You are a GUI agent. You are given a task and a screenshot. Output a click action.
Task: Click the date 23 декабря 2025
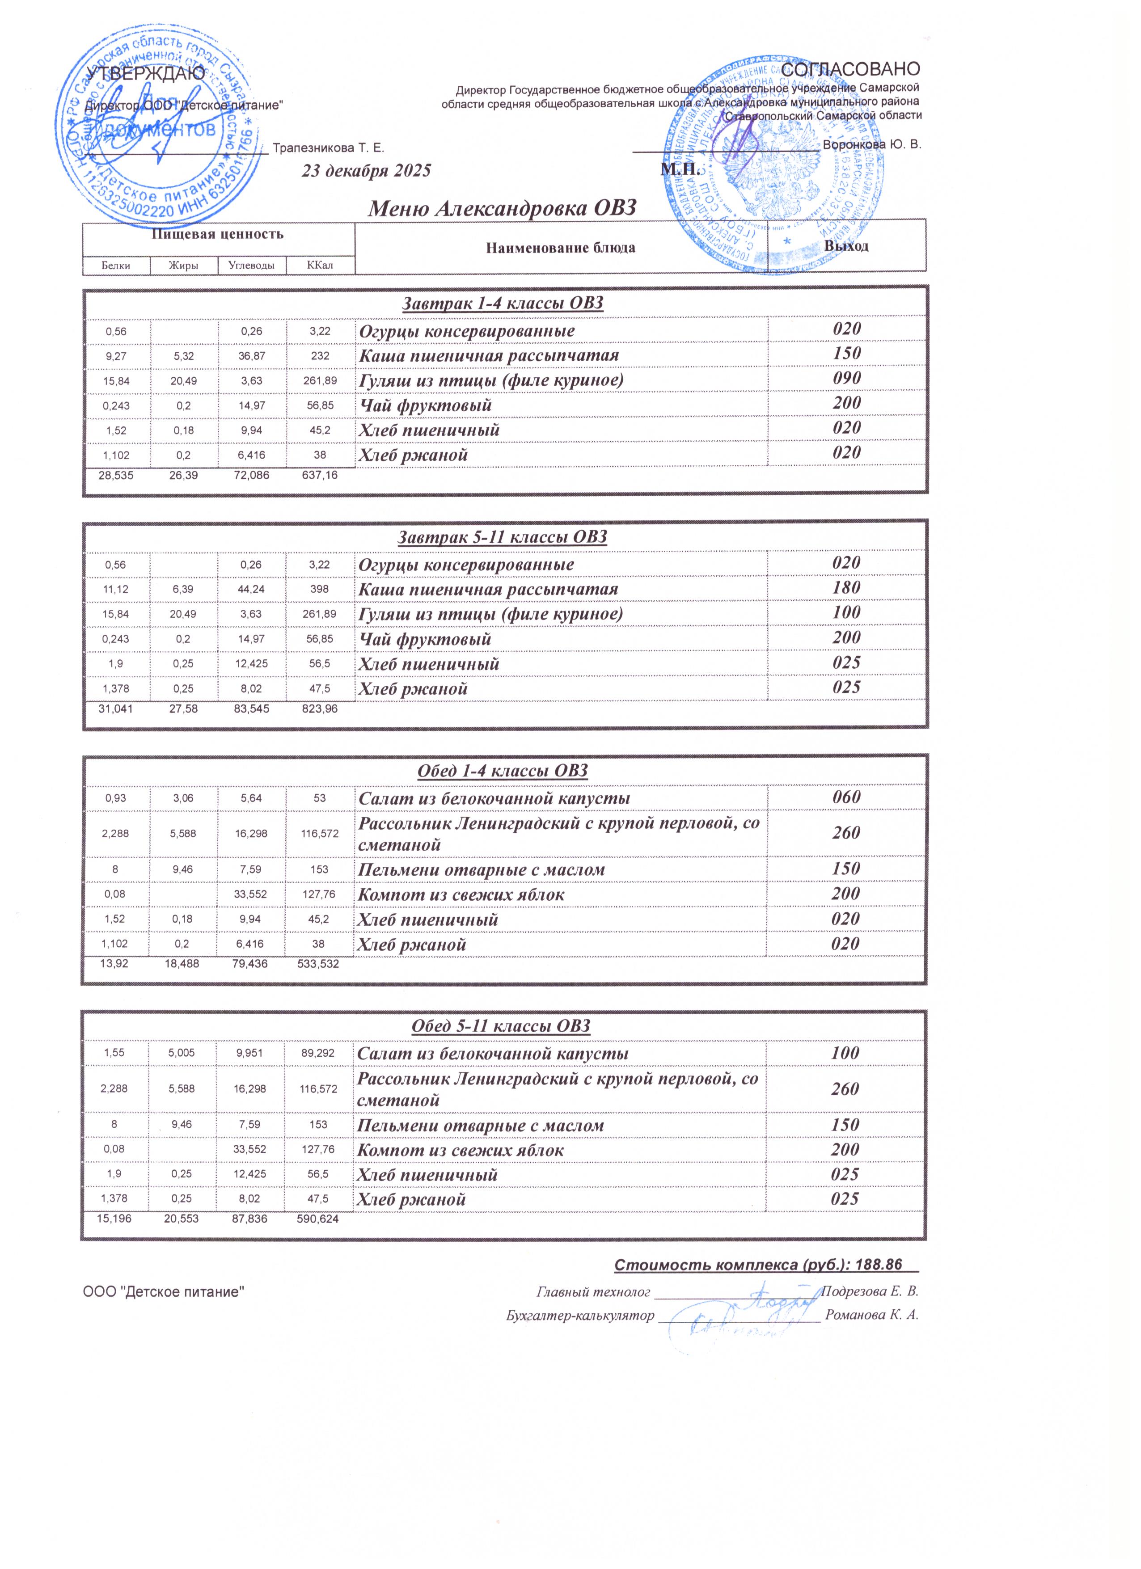click(x=366, y=171)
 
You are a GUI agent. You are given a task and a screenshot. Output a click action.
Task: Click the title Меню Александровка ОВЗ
click(x=502, y=207)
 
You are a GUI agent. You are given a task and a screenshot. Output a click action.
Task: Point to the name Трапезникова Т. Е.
click(x=329, y=148)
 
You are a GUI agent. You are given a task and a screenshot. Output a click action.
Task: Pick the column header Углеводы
click(x=251, y=265)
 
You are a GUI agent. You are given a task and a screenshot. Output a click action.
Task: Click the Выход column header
click(x=846, y=246)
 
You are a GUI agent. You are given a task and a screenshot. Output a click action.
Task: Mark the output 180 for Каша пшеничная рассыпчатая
click(x=846, y=588)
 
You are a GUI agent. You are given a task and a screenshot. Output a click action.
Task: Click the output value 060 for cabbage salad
click(x=846, y=797)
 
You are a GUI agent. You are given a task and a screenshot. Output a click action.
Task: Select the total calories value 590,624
click(x=317, y=1219)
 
